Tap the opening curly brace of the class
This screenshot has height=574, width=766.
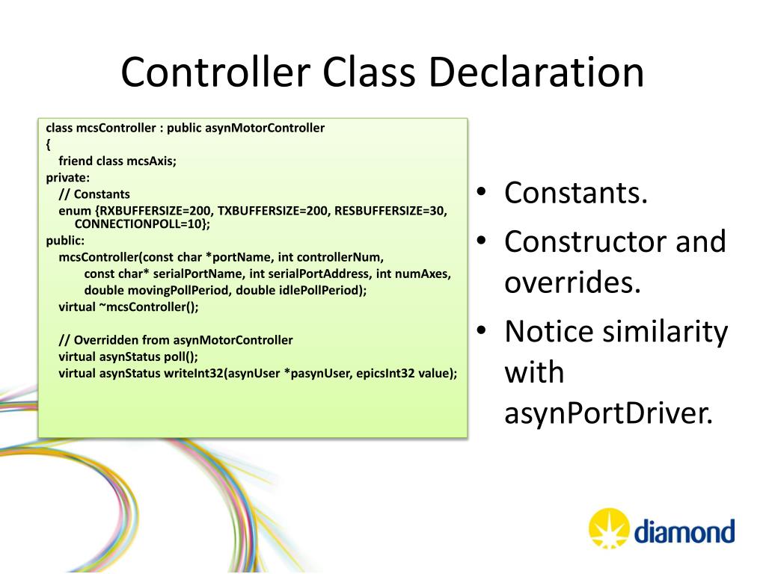coord(49,144)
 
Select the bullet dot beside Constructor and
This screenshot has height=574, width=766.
coord(483,241)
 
